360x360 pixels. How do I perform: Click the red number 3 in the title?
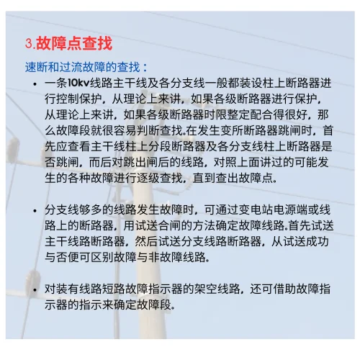29,44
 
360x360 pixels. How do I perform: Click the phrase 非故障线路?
165,257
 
